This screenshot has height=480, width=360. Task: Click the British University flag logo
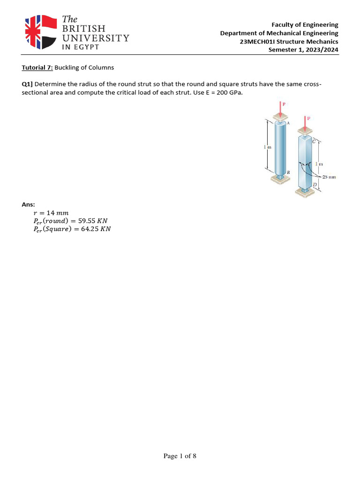tap(40, 31)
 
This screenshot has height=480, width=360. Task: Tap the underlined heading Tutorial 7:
tap(37, 67)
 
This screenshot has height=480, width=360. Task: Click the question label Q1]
tap(27, 84)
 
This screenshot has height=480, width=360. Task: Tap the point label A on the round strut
tap(288, 123)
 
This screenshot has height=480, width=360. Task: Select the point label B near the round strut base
tap(288, 172)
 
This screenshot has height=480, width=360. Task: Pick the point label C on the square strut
tap(314, 139)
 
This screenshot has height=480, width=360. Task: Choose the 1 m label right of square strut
tap(319, 164)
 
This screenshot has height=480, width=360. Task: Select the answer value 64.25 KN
tap(96, 229)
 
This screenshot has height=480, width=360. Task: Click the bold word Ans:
tap(29, 204)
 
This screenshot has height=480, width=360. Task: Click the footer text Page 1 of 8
tap(180, 456)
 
